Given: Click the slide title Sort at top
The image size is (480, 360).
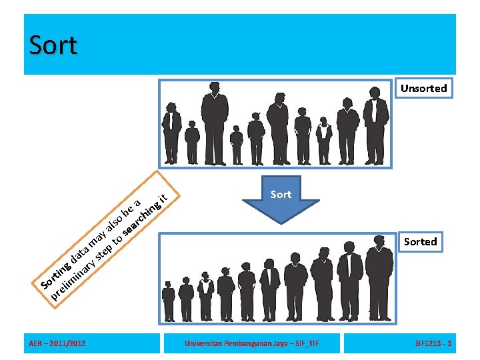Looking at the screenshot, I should [53, 45].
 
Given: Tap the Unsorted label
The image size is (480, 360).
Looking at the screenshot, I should [423, 88].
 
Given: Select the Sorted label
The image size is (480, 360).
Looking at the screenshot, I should [420, 241].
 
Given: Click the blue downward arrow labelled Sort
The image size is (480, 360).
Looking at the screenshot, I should [281, 206].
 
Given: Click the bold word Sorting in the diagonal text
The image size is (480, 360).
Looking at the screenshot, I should [57, 273].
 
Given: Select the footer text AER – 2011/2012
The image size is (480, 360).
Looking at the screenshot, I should [57, 344].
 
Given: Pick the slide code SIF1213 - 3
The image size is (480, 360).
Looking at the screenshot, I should [433, 344].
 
